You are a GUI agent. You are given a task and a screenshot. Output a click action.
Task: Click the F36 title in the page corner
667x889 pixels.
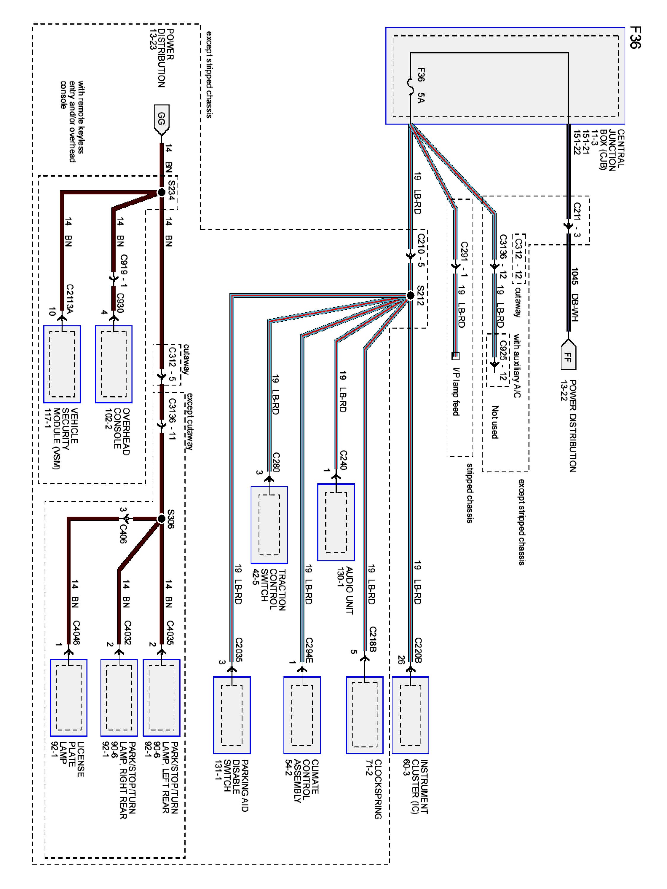(635, 37)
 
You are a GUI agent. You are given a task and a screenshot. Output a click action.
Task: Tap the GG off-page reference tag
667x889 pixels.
(162, 120)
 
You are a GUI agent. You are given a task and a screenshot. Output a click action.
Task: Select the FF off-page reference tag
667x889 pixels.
(568, 354)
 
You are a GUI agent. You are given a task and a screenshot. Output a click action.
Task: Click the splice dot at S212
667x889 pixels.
(410, 295)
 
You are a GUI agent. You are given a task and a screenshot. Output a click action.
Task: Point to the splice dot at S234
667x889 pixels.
(162, 193)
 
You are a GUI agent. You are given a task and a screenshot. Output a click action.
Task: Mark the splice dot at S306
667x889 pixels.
(161, 519)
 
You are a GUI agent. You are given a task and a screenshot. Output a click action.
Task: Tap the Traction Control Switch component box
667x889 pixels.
(269, 525)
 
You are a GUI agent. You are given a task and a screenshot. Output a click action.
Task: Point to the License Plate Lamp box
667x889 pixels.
(68, 697)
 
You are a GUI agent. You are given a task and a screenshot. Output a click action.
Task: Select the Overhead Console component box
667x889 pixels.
(114, 364)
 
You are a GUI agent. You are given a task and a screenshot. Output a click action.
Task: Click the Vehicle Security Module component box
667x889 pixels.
(62, 364)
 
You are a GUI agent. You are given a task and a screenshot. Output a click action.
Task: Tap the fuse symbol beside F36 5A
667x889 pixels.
(410, 87)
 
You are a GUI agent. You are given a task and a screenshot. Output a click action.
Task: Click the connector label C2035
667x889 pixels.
(239, 649)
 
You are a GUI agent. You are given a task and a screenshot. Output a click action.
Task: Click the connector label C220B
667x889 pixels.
(418, 649)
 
